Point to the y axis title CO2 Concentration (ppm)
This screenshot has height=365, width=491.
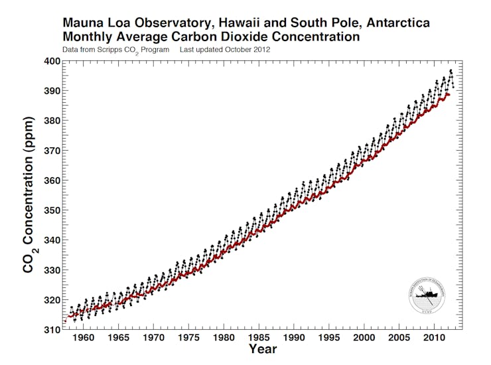point(29,197)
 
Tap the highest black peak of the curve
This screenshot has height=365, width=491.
point(451,70)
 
